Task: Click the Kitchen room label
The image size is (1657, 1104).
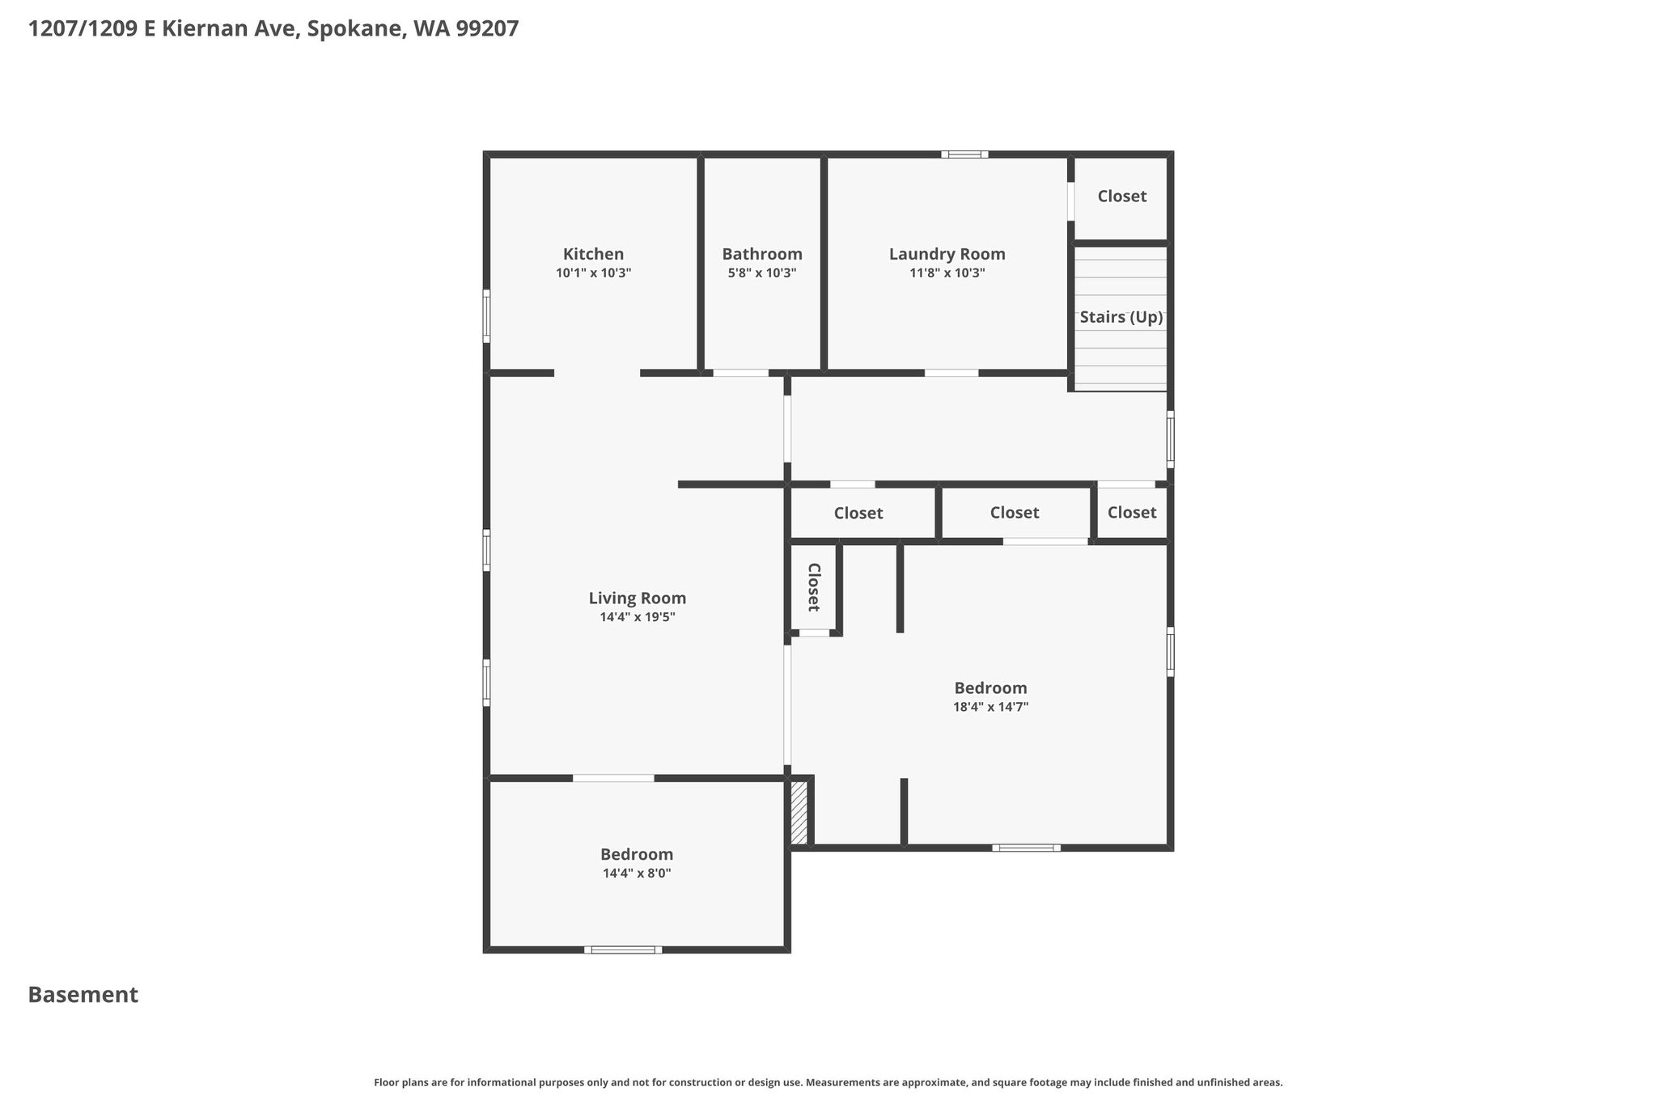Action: coord(593,254)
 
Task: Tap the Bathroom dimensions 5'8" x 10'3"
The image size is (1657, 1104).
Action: coord(762,273)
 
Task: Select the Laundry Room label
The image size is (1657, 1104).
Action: coord(947,254)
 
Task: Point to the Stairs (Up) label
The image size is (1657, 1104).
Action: coord(1121,317)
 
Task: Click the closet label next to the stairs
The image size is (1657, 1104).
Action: coord(1121,196)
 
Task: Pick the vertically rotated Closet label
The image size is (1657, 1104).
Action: coord(814,587)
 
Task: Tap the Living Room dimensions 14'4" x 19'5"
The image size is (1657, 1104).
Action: coord(637,617)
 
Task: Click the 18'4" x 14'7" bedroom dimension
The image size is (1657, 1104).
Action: coord(990,707)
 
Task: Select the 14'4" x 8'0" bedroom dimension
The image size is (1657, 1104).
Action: coord(637,873)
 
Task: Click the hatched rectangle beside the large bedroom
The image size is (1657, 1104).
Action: coord(799,812)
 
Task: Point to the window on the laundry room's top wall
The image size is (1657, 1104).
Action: coord(964,154)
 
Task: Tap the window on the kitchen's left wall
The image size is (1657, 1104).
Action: coord(486,315)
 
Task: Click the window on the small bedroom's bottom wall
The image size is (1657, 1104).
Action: coord(623,950)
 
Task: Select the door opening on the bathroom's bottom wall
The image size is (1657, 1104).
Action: coord(740,373)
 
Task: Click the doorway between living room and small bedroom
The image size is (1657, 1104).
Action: coord(613,778)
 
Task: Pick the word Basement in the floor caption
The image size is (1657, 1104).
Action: coord(83,995)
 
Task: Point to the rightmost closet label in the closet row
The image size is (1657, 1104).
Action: coord(1132,512)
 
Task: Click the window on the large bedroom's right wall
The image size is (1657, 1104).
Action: coord(1170,652)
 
